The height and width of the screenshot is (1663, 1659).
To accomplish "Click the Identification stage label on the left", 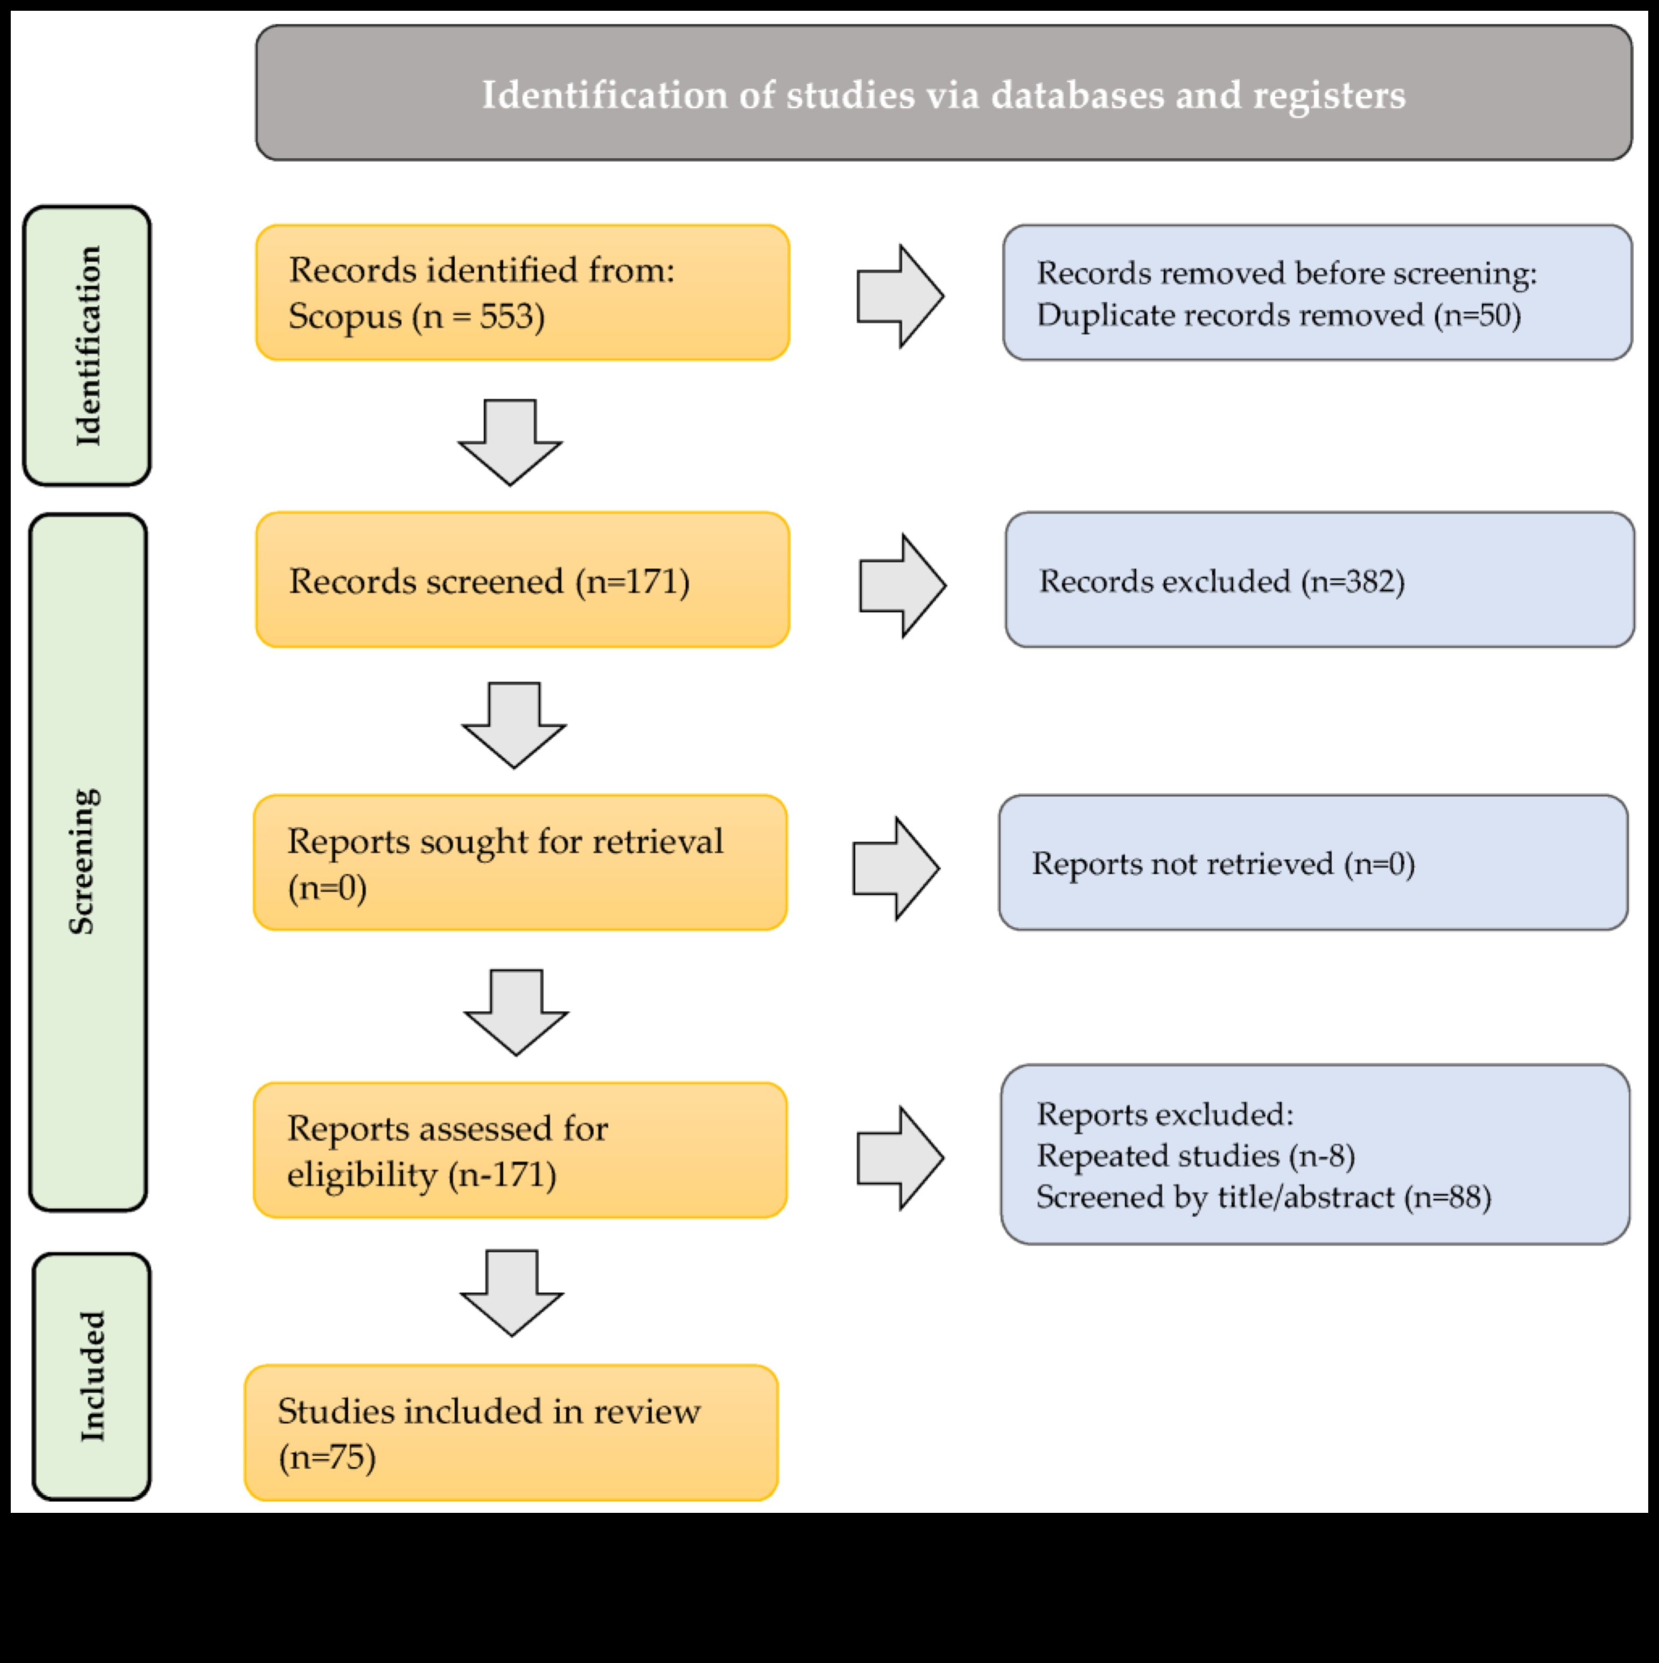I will point(87,345).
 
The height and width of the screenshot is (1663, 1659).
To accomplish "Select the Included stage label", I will point(92,1376).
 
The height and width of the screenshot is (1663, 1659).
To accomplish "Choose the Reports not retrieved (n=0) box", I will point(1313,863).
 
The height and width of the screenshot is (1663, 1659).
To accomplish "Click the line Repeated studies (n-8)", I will point(1195,1155).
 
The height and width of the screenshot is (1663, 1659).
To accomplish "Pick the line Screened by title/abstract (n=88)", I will point(1263,1196).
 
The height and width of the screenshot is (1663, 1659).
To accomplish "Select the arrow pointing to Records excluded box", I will point(902,586).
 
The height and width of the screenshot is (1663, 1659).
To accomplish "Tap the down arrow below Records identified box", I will point(510,441).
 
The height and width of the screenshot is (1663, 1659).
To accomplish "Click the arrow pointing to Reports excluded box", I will point(899,1158).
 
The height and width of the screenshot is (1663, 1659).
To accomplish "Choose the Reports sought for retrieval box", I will point(520,863).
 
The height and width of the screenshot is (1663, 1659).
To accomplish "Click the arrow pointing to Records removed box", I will point(899,296).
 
